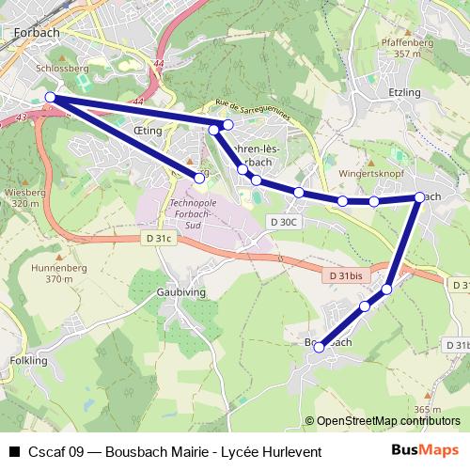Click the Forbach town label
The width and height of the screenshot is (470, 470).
coord(38,33)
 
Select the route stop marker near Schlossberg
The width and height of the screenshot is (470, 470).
coord(50,97)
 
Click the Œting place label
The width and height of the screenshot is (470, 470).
coord(149,133)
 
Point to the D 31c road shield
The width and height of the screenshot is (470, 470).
coord(159,239)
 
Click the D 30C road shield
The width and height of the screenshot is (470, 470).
coord(282,222)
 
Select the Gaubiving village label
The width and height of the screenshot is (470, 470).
coord(180,292)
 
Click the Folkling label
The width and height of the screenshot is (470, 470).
coord(27,360)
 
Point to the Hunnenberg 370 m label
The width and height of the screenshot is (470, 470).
coord(53,273)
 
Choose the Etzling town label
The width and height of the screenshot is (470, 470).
coord(405,93)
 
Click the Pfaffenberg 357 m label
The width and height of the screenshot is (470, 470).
coord(407,48)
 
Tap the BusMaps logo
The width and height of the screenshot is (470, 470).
coord(424,450)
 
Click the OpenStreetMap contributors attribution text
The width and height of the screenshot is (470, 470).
coord(387,421)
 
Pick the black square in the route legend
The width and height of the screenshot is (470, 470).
coord(13,451)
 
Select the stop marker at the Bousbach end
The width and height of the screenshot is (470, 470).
coord(319,348)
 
